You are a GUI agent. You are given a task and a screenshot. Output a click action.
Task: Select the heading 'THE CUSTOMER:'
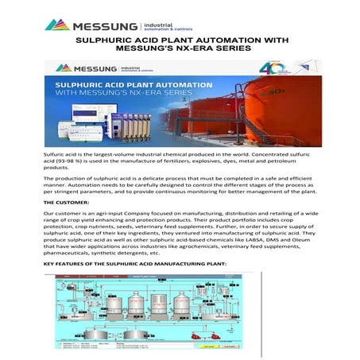tap(68, 203)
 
